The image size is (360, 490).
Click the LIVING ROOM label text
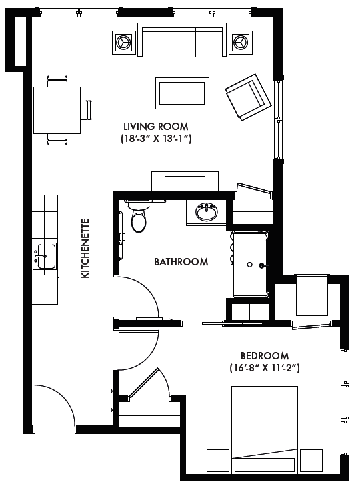click(156, 126)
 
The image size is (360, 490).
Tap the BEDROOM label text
click(265, 355)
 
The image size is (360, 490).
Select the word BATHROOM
click(181, 261)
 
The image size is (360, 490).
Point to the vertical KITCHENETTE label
click(85, 248)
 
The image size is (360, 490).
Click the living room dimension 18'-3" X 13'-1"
click(156, 139)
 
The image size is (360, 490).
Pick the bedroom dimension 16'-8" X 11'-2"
click(265, 368)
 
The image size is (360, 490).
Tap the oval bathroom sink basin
click(206, 213)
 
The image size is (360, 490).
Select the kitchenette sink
click(45, 256)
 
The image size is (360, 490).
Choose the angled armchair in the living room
click(249, 97)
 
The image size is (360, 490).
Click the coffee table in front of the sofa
click(182, 93)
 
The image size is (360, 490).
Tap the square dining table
click(57, 110)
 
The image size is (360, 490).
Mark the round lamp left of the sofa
click(124, 42)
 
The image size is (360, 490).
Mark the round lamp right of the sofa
click(241, 42)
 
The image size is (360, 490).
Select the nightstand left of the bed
click(218, 460)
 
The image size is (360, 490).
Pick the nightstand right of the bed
click(311, 460)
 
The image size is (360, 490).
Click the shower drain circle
click(250, 265)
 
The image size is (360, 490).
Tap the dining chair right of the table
click(87, 110)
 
